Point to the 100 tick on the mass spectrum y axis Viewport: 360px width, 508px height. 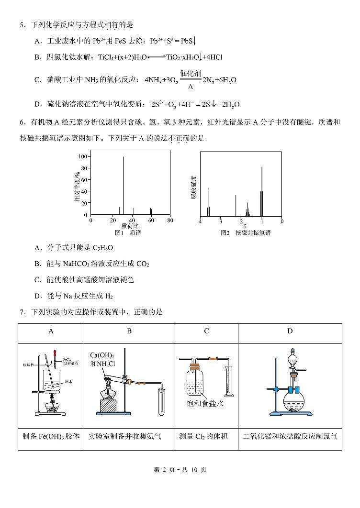click(83, 157)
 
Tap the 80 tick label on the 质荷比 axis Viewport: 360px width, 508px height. click(170, 221)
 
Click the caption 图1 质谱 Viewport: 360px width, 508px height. click(128, 232)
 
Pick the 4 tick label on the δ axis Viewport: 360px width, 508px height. click(200, 221)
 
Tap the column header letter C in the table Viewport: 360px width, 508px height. click(206, 331)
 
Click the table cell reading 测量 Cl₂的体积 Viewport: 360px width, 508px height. click(206, 436)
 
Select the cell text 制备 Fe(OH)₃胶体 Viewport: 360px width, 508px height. click(51, 436)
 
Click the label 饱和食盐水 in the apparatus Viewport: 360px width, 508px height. click(205, 402)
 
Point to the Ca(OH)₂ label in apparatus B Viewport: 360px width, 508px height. click(102, 355)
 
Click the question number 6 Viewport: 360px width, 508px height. click(22, 122)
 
